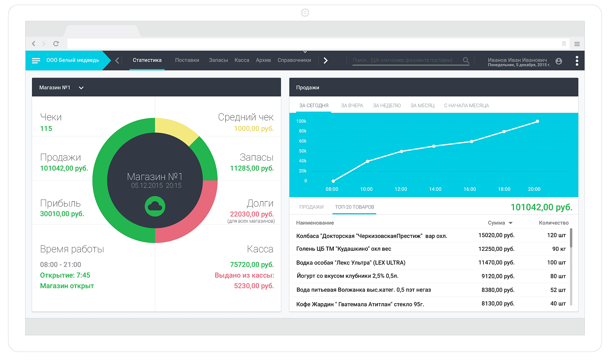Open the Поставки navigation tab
(187, 60)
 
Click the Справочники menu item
(294, 60)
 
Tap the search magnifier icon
(466, 60)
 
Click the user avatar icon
(559, 61)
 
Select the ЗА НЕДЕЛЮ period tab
(387, 106)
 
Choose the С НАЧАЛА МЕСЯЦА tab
(466, 106)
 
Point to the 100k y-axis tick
(301, 121)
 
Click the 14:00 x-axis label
(435, 189)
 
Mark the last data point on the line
(537, 121)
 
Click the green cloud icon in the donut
(155, 206)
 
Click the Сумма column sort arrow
(511, 223)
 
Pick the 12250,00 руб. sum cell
(496, 249)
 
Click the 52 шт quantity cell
(558, 290)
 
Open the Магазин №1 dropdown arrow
(81, 88)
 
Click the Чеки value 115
(46, 128)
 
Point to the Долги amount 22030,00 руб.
(252, 214)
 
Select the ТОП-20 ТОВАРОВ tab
(354, 207)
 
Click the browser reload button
(56, 44)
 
